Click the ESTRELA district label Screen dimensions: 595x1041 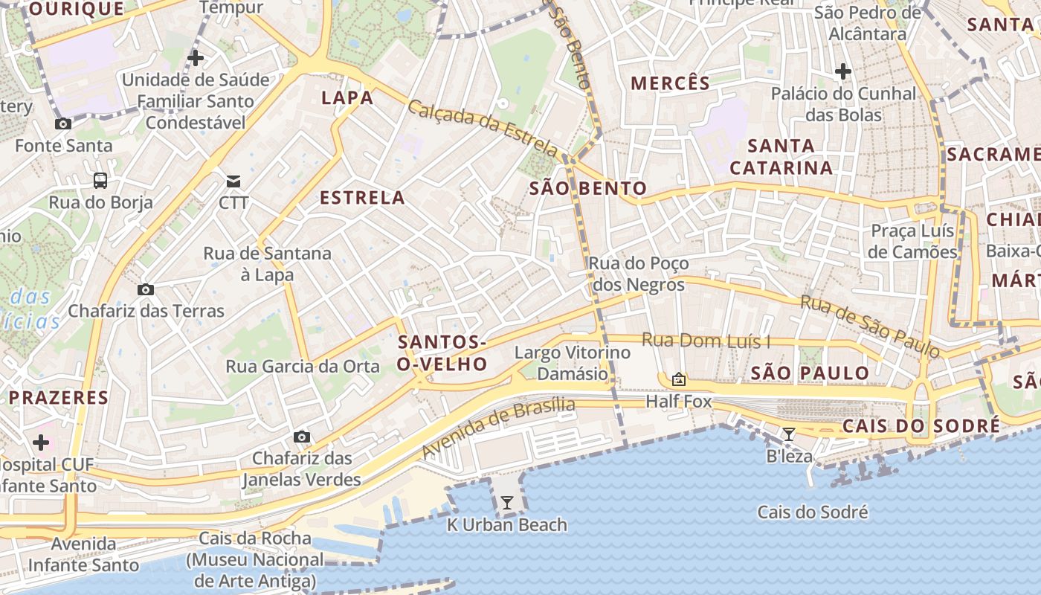[362, 198]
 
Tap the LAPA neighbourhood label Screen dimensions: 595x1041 [347, 98]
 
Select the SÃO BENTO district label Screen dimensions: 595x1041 [587, 189]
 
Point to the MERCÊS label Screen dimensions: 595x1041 [671, 83]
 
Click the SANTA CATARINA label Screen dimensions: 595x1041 [781, 157]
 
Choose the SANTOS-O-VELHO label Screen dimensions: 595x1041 [442, 353]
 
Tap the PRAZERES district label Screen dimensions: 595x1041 [59, 398]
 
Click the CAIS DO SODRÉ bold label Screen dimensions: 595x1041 [921, 426]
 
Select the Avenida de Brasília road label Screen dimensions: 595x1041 [498, 428]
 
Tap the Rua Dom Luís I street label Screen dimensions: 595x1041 [706, 341]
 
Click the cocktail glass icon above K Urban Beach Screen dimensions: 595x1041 [506, 503]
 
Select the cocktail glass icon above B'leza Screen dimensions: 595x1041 [789, 434]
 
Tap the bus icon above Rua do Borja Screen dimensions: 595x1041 [100, 180]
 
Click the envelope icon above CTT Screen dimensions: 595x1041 [233, 181]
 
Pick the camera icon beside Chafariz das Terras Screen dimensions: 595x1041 [146, 289]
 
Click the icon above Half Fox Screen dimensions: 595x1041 [678, 379]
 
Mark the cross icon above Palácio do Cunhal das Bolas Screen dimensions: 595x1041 [842, 71]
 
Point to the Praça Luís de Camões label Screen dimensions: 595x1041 [912, 241]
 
